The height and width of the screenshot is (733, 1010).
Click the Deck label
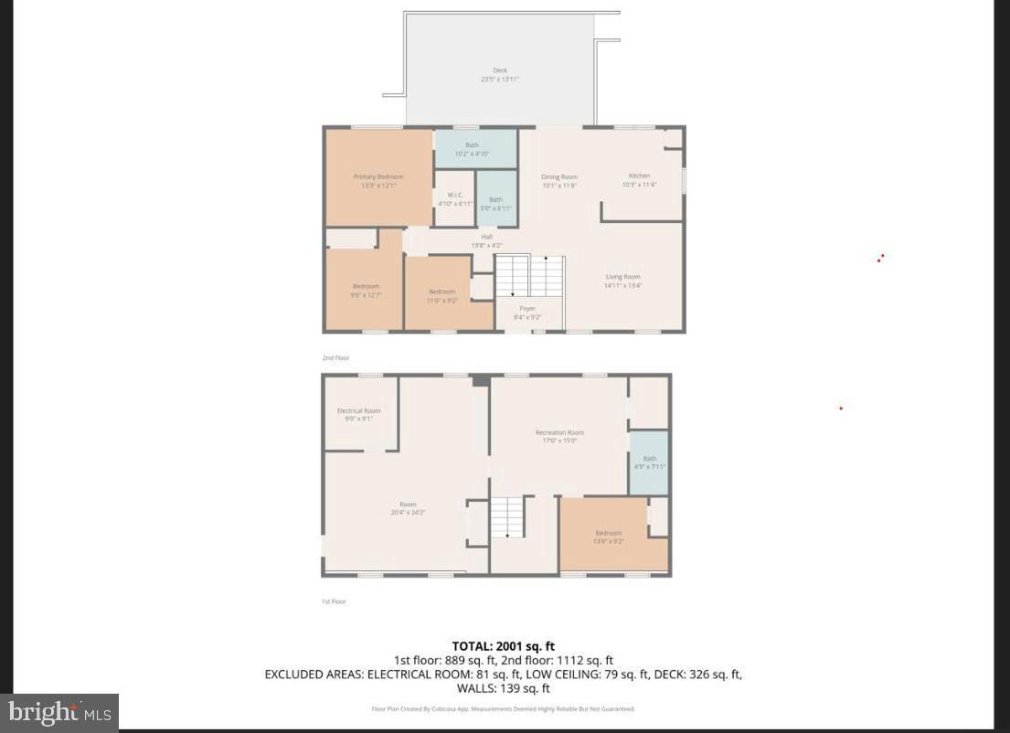click(x=500, y=75)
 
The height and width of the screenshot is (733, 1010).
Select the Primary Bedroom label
click(x=378, y=181)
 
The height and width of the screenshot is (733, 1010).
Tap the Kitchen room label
click(x=639, y=179)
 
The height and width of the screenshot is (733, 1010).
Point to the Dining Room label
click(x=559, y=181)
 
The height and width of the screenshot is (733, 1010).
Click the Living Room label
click(x=622, y=281)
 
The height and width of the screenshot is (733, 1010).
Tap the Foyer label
click(x=527, y=313)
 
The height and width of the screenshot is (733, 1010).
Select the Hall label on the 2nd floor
click(x=487, y=241)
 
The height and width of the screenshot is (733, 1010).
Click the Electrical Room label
click(x=358, y=415)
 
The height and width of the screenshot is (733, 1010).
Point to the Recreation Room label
click(x=559, y=436)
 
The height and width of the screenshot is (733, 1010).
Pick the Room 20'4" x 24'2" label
click(x=408, y=508)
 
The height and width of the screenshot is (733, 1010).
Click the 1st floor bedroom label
click(x=609, y=536)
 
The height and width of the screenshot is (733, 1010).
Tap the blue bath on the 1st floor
click(x=649, y=462)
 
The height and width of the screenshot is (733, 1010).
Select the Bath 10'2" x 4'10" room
click(x=472, y=149)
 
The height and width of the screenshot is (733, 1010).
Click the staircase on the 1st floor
click(x=507, y=517)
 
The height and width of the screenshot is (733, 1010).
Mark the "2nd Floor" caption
click(x=335, y=358)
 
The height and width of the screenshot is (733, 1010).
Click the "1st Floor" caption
click(x=334, y=601)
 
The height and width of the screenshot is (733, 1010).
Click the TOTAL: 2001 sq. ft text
click(x=504, y=645)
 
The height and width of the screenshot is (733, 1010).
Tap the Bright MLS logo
click(x=59, y=712)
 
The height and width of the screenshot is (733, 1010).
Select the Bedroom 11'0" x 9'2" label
click(x=442, y=295)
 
